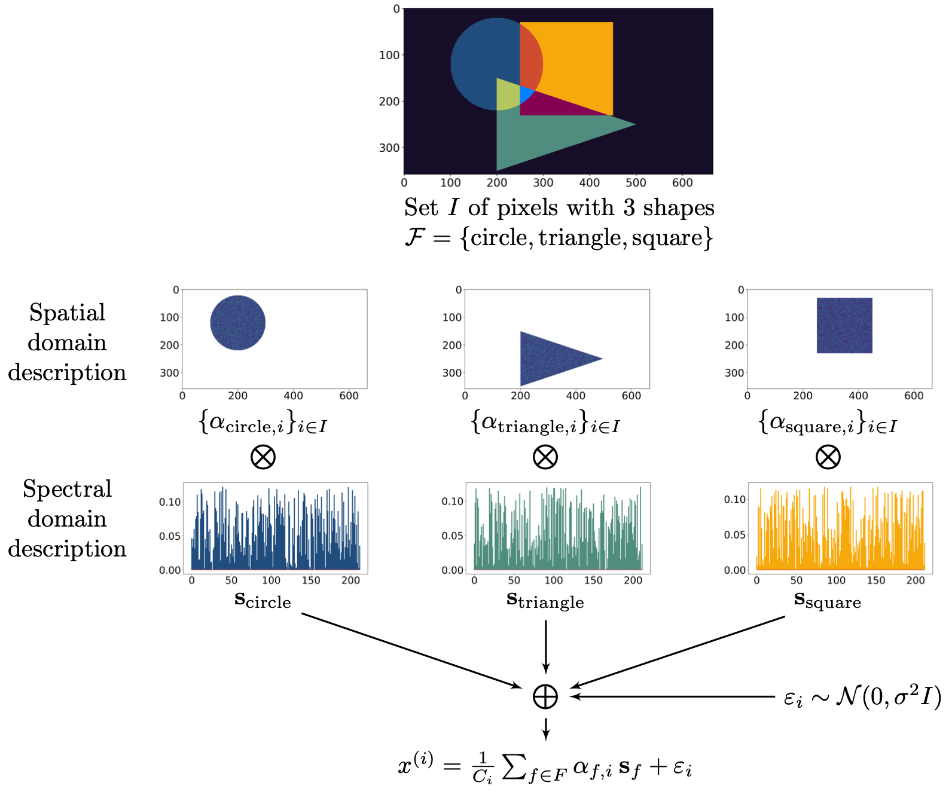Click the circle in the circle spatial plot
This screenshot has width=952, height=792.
point(237,323)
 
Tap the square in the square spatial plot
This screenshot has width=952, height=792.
point(844,325)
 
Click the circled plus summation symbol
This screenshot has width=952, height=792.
point(545,696)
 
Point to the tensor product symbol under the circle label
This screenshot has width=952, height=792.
point(263,457)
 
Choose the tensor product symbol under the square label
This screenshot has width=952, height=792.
point(828,457)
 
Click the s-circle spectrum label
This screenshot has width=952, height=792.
point(263,600)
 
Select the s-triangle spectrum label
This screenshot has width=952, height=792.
point(545,600)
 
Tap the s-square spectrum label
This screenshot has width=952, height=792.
point(828,600)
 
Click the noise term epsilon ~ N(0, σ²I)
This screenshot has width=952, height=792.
point(862,696)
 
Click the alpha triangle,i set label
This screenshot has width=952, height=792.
point(545,423)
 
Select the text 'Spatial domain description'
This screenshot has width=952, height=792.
point(67,342)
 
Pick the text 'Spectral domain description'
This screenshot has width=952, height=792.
point(67,518)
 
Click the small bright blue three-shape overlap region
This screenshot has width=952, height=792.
point(526,94)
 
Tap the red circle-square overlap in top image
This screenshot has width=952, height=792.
point(530,63)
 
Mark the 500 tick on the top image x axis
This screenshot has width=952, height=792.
point(636,182)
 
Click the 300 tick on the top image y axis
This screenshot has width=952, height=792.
point(389,148)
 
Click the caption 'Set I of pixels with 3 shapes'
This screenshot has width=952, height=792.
point(559,207)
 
